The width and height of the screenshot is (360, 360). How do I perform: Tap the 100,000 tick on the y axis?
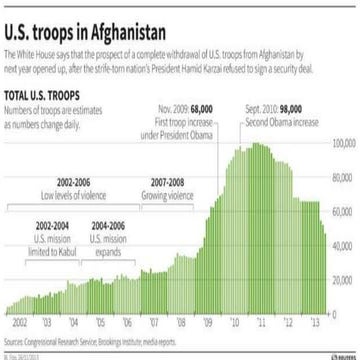coord(343,144)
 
